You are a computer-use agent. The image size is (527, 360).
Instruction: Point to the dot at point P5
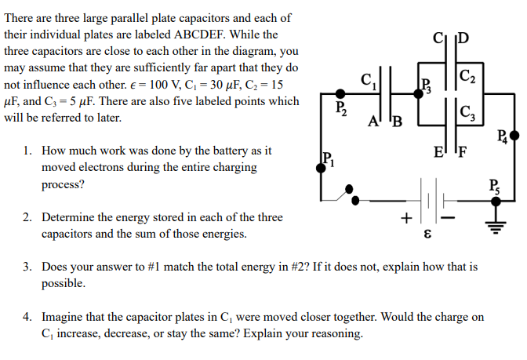point(496,201)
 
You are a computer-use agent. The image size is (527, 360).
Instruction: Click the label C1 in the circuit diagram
point(367,78)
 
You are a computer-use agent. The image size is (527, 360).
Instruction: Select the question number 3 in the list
point(27,267)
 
